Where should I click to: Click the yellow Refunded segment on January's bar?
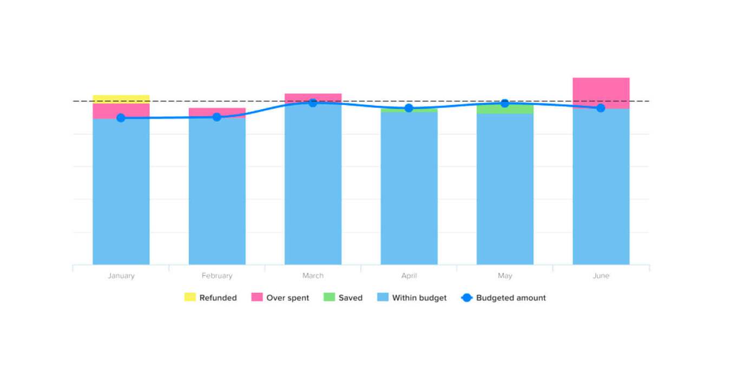click(121, 99)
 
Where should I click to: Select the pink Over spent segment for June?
click(601, 92)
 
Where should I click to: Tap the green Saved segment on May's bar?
click(505, 109)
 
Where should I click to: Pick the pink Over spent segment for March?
click(313, 97)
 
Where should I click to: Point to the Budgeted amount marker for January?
click(121, 118)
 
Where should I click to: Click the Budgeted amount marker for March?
click(313, 103)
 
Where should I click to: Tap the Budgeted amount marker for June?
click(601, 108)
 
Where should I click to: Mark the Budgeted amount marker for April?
click(409, 108)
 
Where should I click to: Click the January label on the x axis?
click(121, 276)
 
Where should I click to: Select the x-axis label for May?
click(505, 276)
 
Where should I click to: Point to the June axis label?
click(601, 276)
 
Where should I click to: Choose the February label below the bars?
click(217, 276)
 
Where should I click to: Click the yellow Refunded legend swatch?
click(190, 297)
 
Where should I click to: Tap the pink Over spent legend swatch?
click(257, 297)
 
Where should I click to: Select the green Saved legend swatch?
click(329, 297)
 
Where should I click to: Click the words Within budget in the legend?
click(419, 298)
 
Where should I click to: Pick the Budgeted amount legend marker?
click(466, 297)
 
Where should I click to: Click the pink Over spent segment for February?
click(217, 111)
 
